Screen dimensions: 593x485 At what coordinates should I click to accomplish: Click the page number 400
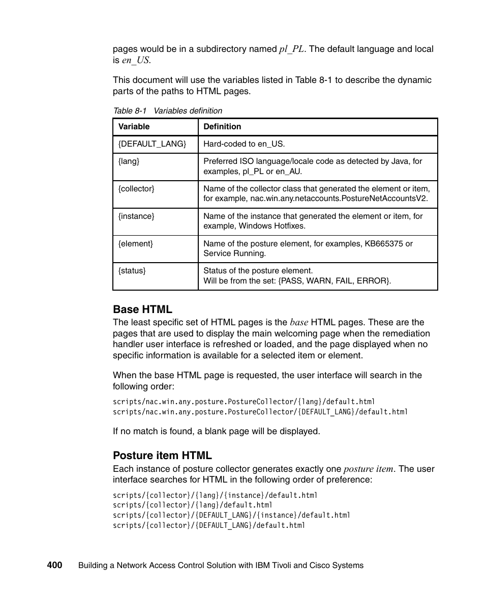point(54,565)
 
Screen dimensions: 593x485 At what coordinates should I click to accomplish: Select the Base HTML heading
point(142,309)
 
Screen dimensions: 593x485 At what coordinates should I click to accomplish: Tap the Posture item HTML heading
point(162,455)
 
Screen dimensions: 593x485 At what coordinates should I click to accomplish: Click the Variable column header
point(134,127)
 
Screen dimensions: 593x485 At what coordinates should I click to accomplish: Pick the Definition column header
point(222,127)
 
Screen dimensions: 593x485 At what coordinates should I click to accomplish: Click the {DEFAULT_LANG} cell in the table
point(152,144)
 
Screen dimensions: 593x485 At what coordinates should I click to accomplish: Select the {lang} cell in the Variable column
point(129,161)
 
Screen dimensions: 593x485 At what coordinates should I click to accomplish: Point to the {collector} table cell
point(136,189)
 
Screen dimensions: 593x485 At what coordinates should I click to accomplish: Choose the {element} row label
point(135,244)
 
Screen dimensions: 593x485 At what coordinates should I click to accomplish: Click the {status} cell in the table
point(132,271)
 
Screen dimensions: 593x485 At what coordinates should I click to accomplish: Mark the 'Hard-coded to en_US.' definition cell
point(244,144)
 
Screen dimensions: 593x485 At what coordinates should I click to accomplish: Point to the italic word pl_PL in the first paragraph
point(292,49)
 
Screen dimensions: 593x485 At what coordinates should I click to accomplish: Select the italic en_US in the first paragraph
point(136,60)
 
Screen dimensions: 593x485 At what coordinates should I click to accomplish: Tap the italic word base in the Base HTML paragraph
point(299,322)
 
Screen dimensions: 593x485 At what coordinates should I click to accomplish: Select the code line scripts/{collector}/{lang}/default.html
point(193,505)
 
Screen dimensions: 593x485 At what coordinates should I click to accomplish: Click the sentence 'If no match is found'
point(216,431)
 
